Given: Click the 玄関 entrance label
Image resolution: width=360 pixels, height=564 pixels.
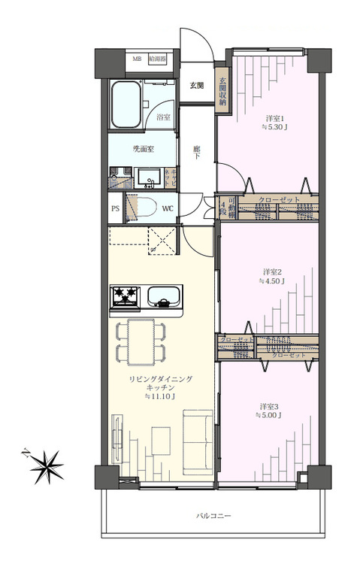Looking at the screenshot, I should (196, 84).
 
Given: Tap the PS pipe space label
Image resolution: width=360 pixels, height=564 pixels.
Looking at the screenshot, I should (115, 208).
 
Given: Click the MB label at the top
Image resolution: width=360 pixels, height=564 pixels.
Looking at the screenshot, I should (138, 59).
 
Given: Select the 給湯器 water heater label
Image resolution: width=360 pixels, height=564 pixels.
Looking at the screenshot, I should (157, 59).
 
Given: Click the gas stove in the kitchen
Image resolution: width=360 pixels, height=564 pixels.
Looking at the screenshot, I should (125, 297).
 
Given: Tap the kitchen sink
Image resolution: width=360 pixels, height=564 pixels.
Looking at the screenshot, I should (163, 296).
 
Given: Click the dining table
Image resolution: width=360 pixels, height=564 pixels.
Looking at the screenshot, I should (141, 340).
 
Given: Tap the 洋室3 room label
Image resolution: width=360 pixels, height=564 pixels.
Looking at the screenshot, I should (270, 406).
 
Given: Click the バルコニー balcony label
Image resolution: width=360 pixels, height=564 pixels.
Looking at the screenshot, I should (214, 516).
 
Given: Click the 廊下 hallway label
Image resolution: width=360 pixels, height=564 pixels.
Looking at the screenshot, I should (196, 152).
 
